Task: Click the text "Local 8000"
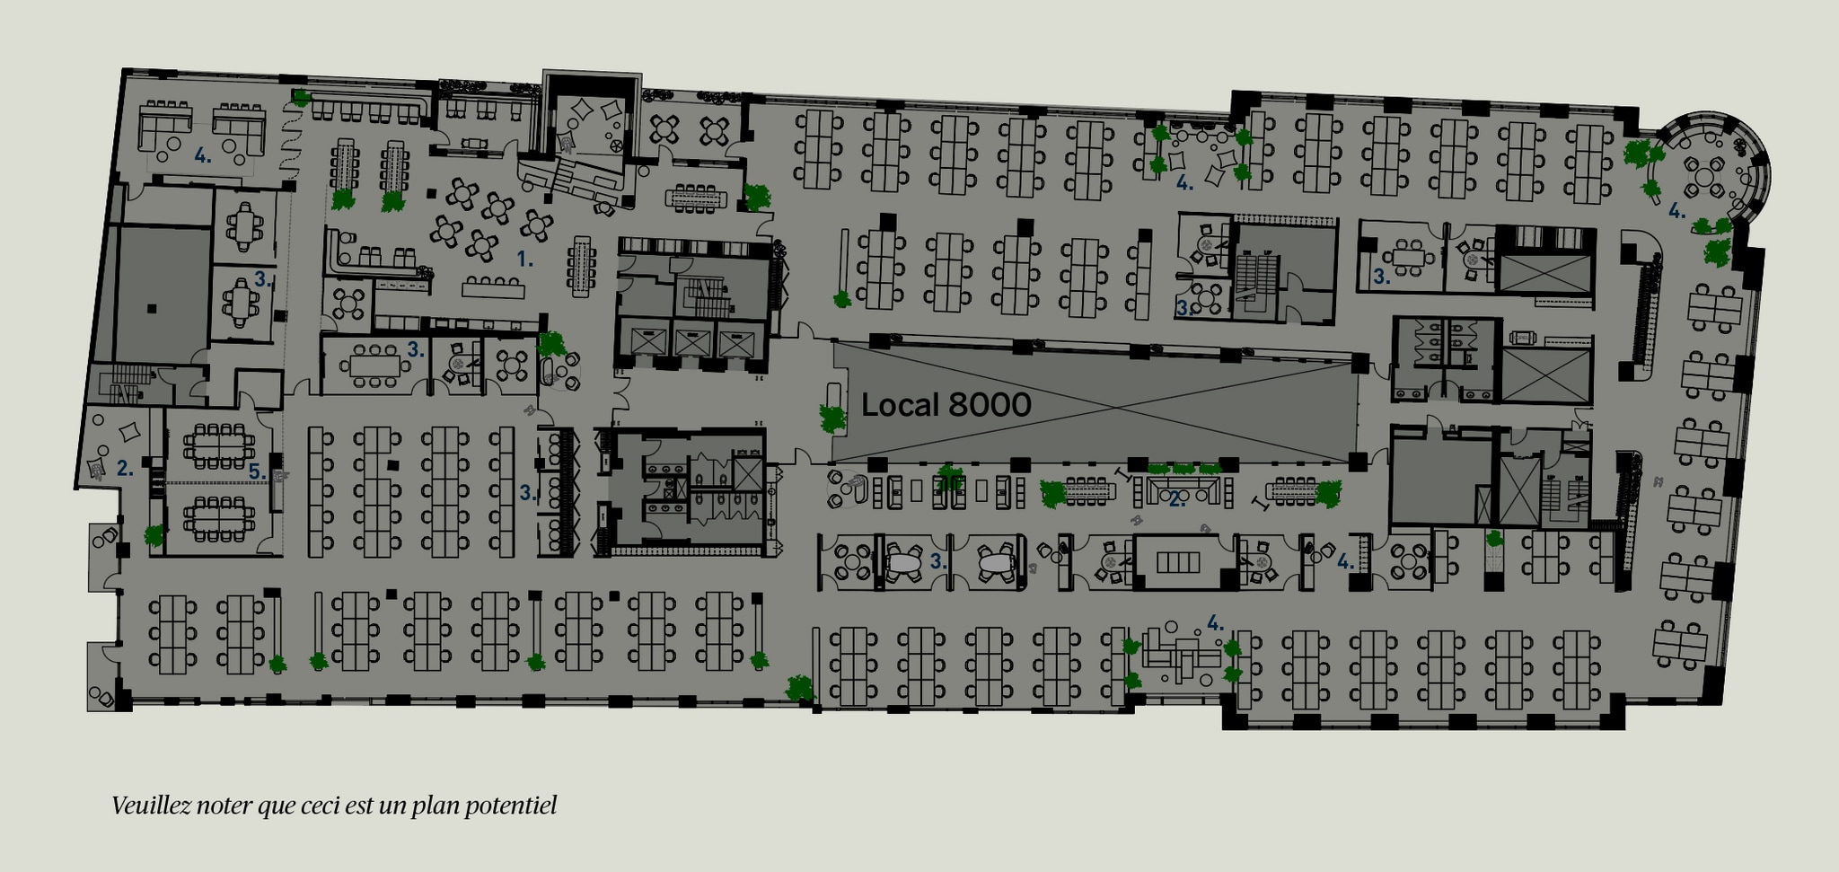pyautogui.click(x=946, y=405)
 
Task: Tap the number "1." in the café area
pyautogui.click(x=525, y=260)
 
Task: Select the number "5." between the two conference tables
pyautogui.click(x=256, y=471)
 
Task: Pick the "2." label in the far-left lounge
pyautogui.click(x=125, y=468)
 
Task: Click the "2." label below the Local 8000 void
pyautogui.click(x=1176, y=500)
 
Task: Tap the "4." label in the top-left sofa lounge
pyautogui.click(x=203, y=155)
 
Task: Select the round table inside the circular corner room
pyautogui.click(x=1703, y=170)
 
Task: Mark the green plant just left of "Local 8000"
pyautogui.click(x=832, y=418)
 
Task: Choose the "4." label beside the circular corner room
pyautogui.click(x=1676, y=212)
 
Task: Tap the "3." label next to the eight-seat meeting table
pyautogui.click(x=415, y=350)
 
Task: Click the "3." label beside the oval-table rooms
pyautogui.click(x=938, y=562)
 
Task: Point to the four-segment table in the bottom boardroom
pyautogui.click(x=1177, y=562)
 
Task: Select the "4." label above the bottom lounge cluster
pyautogui.click(x=1215, y=622)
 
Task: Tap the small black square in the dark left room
pyautogui.click(x=152, y=308)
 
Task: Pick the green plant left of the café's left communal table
pyautogui.click(x=342, y=198)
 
